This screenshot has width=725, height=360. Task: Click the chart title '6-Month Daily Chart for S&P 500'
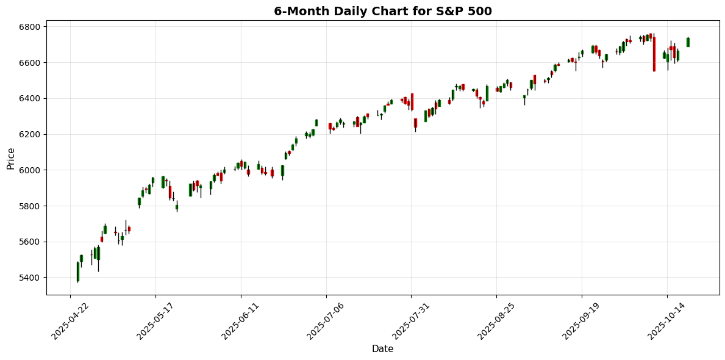[x=382, y=11]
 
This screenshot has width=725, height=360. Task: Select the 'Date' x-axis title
[x=382, y=349]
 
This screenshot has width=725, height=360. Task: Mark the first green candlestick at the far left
[x=78, y=272]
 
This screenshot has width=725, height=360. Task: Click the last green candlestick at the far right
[x=688, y=42]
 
